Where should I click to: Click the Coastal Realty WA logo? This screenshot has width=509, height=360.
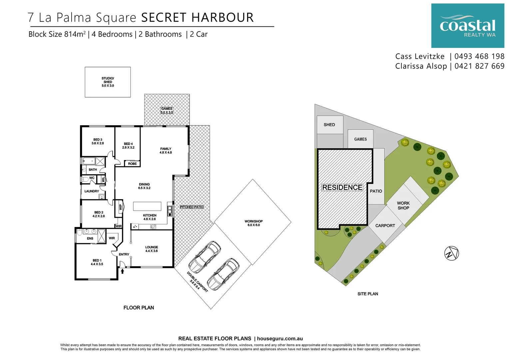click(467, 26)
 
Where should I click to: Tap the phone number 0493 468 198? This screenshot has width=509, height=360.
click(479, 56)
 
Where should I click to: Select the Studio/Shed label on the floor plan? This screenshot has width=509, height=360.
click(108, 82)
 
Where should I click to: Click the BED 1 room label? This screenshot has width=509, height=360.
click(97, 262)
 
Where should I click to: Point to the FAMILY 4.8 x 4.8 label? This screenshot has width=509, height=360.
click(166, 151)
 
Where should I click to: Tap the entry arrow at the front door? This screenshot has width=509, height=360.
click(122, 271)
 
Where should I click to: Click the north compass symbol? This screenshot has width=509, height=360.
click(451, 254)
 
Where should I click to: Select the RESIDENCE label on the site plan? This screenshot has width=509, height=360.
click(342, 188)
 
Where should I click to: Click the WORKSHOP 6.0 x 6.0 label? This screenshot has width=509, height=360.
click(254, 223)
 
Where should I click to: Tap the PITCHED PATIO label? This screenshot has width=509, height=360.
click(192, 207)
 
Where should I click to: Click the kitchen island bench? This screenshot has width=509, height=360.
click(147, 206)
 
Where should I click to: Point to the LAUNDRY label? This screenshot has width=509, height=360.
click(92, 191)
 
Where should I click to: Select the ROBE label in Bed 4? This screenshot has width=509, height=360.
click(132, 164)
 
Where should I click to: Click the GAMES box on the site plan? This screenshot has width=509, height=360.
click(360, 139)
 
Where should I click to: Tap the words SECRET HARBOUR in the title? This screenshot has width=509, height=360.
click(197, 18)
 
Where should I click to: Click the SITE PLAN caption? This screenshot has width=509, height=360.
click(367, 294)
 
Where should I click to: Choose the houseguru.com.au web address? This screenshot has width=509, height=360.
click(280, 339)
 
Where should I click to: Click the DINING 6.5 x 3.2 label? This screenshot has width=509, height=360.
click(144, 186)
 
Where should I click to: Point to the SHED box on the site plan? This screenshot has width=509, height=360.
click(329, 125)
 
